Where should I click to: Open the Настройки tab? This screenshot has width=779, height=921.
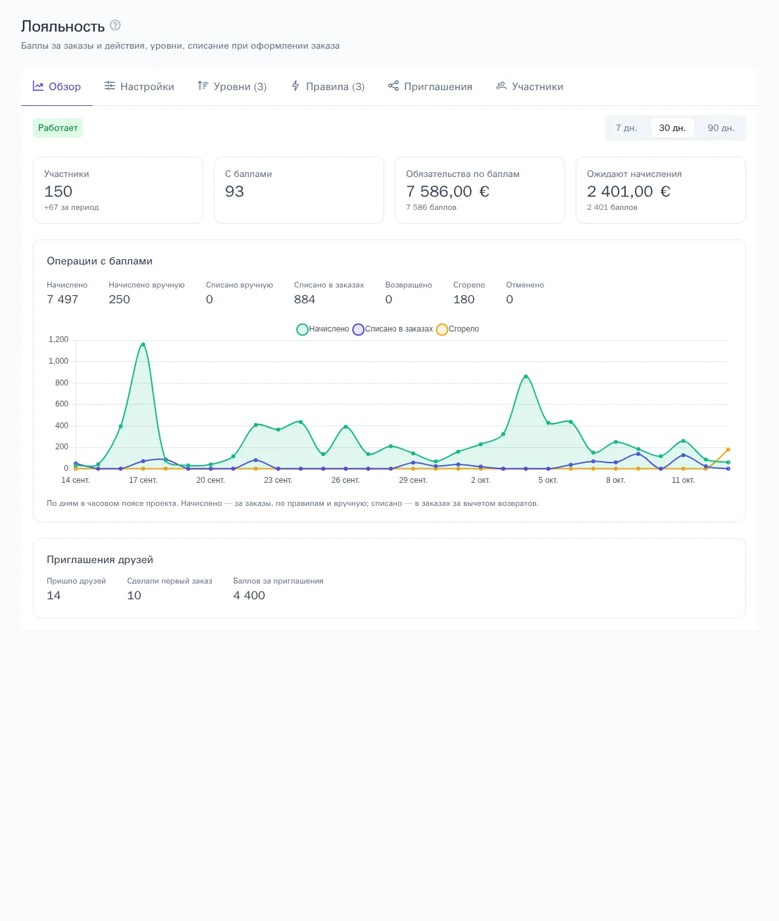click(x=139, y=86)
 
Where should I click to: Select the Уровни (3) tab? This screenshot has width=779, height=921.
click(x=232, y=86)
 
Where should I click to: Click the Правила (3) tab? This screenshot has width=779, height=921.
click(x=327, y=86)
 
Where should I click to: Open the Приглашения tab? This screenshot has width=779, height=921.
click(x=430, y=86)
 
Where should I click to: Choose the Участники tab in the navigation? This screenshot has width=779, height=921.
click(x=530, y=86)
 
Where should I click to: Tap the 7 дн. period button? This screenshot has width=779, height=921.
click(x=626, y=128)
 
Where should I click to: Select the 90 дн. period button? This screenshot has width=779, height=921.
click(x=720, y=128)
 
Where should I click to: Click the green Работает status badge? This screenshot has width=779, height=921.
click(x=58, y=128)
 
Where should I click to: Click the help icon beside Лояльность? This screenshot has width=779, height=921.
click(x=115, y=26)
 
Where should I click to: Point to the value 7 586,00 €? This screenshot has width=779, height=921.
click(x=447, y=191)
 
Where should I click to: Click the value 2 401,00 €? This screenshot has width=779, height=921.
click(x=628, y=191)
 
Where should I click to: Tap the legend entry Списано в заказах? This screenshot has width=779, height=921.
click(x=393, y=330)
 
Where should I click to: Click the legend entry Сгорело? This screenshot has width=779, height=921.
click(x=458, y=330)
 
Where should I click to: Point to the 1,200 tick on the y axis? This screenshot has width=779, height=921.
click(x=59, y=339)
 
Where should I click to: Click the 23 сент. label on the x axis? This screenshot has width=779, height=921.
click(x=278, y=480)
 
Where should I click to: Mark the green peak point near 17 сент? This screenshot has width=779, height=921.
click(x=143, y=345)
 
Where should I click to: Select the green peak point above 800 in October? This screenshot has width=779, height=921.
click(x=526, y=376)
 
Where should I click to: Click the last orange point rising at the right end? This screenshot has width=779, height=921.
click(x=728, y=449)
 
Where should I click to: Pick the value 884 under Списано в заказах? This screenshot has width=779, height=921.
click(x=305, y=299)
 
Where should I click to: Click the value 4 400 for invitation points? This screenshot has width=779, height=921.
click(x=249, y=596)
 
